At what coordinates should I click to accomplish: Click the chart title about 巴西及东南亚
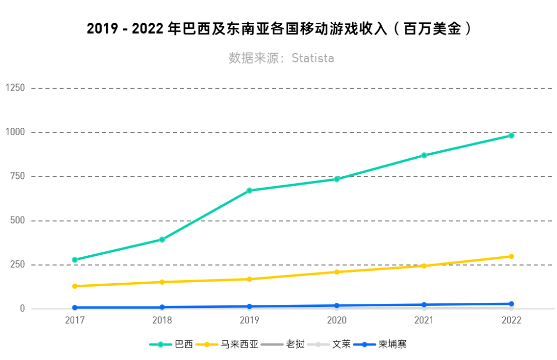[278, 29]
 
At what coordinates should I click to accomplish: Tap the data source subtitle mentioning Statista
[281, 58]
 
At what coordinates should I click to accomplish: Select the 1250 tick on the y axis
[15, 88]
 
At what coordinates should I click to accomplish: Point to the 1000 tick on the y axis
[15, 133]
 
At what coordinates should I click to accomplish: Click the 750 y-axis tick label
[17, 176]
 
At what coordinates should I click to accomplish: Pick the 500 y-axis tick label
[17, 221]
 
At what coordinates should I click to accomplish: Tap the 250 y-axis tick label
[17, 265]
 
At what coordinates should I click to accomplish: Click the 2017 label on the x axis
[75, 320]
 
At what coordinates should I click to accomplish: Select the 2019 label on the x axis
[249, 320]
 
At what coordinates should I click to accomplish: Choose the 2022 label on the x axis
[511, 320]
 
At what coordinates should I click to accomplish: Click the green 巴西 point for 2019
[249, 190]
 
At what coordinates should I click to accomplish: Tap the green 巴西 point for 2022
[511, 136]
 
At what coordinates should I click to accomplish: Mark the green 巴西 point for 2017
[75, 260]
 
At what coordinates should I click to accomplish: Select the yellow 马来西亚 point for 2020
[337, 272]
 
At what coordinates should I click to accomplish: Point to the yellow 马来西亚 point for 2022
[511, 256]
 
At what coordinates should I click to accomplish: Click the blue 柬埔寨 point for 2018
[162, 307]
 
